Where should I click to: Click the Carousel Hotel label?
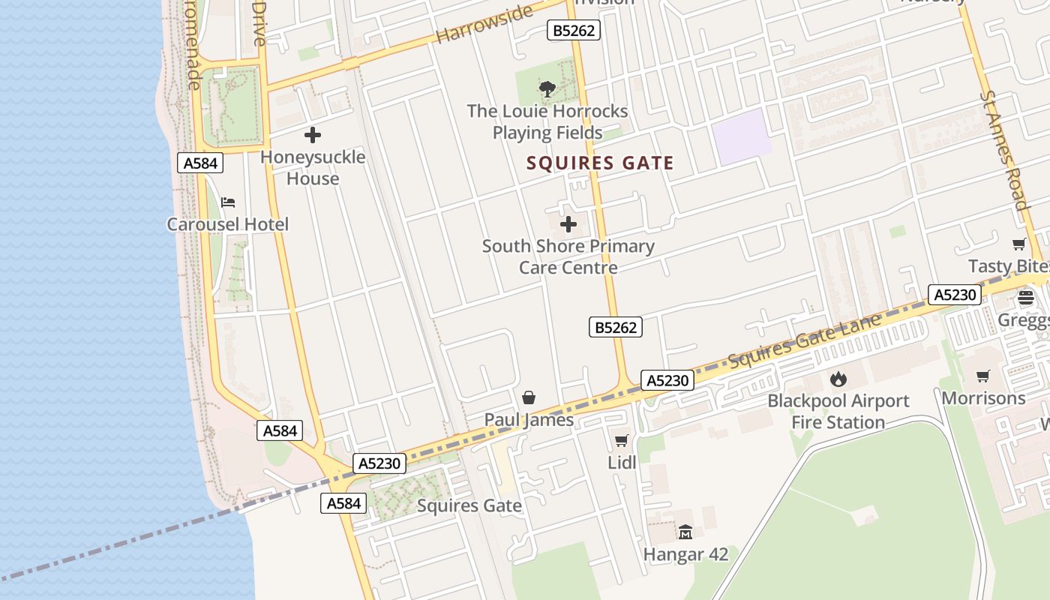pos(227,224)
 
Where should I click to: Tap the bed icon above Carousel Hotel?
pos(228,202)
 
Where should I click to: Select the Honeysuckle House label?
pos(313,167)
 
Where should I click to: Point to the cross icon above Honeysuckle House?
pos(313,135)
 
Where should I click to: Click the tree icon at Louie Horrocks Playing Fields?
pos(547,89)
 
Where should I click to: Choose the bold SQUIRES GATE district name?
pos(600,163)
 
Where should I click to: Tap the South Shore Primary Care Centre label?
pos(568,256)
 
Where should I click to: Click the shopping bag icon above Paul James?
pos(529,397)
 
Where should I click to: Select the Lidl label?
pos(622,463)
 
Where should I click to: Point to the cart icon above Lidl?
pos(621,440)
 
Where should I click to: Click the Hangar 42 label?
pos(685,555)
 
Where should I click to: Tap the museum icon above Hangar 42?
pos(685,532)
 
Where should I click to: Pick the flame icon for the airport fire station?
pos(838,379)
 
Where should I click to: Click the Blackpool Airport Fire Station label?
pos(838,411)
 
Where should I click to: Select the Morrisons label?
pos(983,397)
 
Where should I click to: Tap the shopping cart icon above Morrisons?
pos(983,376)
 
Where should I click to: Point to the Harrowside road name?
pos(484,24)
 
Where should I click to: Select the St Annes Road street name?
pos(1004,150)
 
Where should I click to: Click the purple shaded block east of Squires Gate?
pos(741,136)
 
